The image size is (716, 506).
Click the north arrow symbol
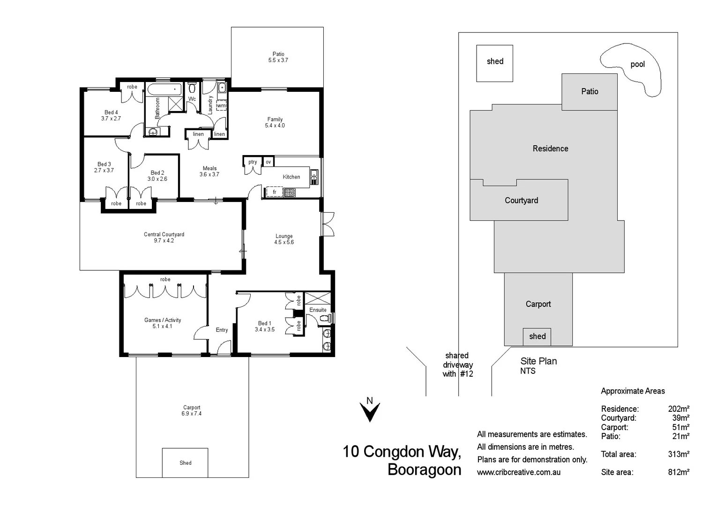(x=370, y=411)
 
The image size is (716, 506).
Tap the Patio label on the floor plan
(x=278, y=54)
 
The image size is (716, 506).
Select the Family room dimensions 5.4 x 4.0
(x=275, y=126)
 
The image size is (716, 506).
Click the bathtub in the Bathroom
(x=164, y=89)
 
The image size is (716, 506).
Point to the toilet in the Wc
(x=192, y=88)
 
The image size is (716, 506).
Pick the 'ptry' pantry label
(x=253, y=162)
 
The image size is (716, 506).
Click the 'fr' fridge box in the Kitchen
(x=275, y=192)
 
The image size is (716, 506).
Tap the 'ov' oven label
(x=268, y=162)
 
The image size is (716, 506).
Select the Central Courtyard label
(x=164, y=234)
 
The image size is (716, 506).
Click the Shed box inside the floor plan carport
(x=185, y=462)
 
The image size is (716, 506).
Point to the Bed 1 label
(x=265, y=323)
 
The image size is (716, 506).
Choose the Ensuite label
(x=318, y=310)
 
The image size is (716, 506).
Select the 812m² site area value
(x=678, y=472)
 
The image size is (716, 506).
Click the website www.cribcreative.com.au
(x=519, y=472)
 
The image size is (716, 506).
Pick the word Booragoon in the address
(x=424, y=469)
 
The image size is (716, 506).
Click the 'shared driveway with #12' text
(x=458, y=365)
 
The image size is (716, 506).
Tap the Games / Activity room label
(x=163, y=320)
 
